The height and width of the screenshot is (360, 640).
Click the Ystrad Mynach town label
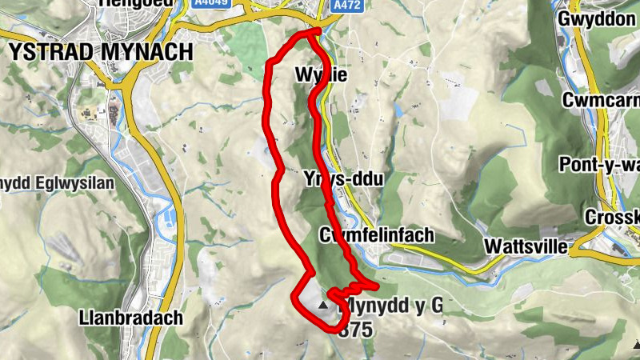[x=102, y=51]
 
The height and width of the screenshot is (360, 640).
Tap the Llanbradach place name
[x=131, y=318]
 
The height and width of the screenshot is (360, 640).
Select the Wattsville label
[x=526, y=246]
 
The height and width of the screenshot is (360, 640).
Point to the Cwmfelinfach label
[x=375, y=235]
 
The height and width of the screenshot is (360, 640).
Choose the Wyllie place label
[x=321, y=76]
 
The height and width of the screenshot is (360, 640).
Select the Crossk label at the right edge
[x=612, y=217]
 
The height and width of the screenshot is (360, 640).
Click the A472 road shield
[x=346, y=5]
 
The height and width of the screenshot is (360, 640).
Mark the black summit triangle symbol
[x=323, y=305]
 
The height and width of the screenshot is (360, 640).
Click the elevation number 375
[x=355, y=330]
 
